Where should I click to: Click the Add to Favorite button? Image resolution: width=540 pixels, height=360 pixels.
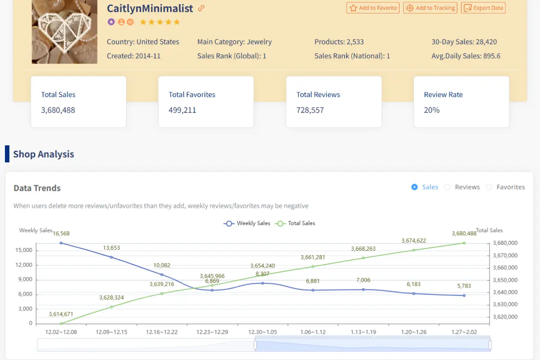point(373,8)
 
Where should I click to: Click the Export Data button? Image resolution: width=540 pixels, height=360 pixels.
point(483,8)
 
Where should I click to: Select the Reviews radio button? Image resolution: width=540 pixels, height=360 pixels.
point(447,187)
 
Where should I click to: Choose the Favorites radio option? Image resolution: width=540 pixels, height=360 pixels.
point(489,187)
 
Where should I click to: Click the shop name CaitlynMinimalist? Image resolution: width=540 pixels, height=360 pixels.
point(150,8)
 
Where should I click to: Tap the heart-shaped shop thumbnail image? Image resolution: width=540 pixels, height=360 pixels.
point(64,31)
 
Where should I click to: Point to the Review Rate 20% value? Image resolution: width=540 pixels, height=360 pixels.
point(432,110)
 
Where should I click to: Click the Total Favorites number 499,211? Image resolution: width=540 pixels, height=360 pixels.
point(182,110)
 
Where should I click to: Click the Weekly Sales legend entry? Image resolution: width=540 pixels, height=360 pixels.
point(247,223)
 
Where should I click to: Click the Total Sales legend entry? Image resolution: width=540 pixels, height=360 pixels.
point(296,223)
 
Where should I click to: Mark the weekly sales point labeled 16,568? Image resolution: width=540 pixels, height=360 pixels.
point(61,243)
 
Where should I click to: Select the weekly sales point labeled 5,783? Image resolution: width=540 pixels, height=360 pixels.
point(464,295)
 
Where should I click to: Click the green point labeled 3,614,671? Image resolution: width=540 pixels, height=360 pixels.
point(61,323)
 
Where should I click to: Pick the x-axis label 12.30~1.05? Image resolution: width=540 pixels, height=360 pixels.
point(262,332)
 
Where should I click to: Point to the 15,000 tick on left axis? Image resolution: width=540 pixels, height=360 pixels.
point(24,250)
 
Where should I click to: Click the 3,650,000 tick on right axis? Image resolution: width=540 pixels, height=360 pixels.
point(505,280)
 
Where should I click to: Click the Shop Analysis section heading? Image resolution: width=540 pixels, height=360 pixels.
point(43,154)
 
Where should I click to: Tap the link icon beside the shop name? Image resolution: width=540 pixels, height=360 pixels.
point(202,8)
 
